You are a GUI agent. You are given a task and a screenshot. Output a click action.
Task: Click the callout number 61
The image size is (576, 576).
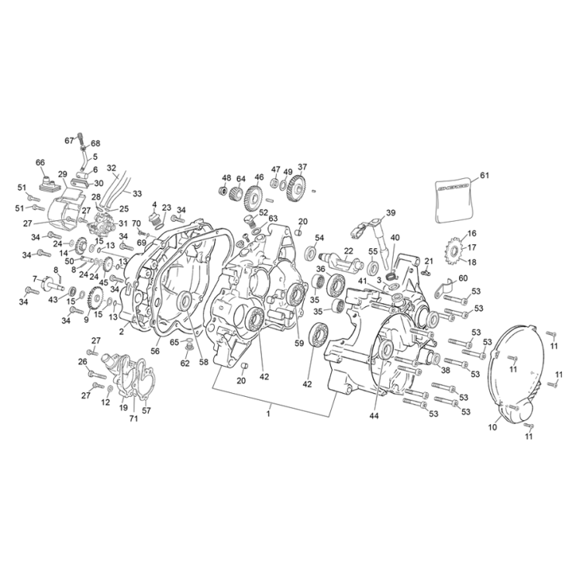[x=485, y=175]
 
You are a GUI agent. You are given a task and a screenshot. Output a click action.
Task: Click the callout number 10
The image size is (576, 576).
[x=491, y=427]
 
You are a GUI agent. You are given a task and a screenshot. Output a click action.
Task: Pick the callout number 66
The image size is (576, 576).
[x=40, y=162]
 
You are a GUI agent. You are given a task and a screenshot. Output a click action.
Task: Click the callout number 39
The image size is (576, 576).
[x=391, y=212]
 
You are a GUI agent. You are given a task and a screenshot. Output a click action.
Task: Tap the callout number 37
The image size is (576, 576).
[x=302, y=167]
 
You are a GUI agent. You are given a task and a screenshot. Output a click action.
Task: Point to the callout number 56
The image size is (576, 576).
[x=154, y=350]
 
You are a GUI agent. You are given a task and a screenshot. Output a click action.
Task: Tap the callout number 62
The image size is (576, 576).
[x=185, y=362]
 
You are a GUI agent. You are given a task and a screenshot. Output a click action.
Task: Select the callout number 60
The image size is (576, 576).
[x=463, y=278]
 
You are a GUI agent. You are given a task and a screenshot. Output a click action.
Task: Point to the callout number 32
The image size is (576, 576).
[x=112, y=167]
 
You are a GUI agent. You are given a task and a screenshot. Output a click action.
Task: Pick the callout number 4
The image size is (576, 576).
[x=154, y=205]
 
